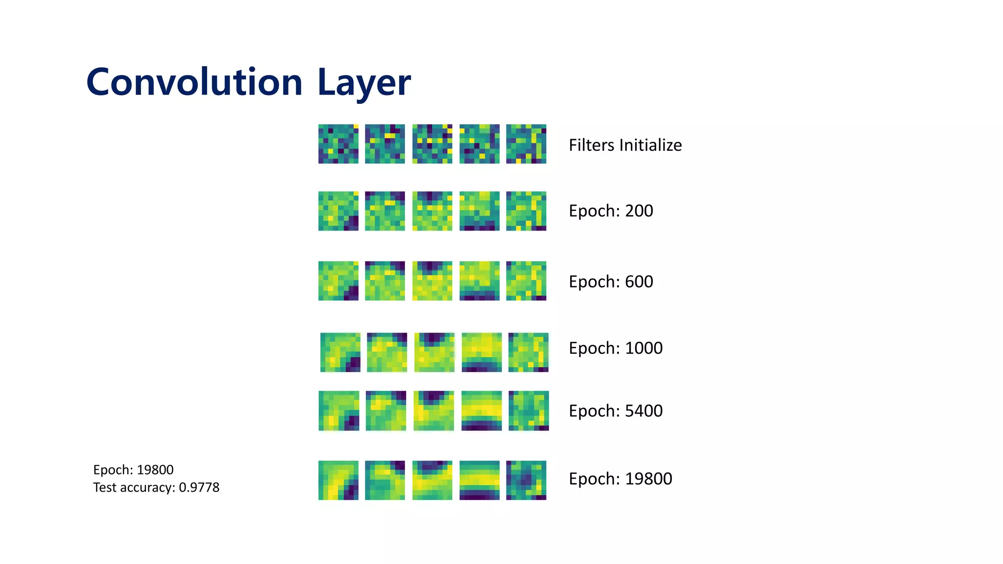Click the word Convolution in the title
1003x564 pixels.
pyautogui.click(x=194, y=82)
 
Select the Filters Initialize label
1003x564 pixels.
pyautogui.click(x=625, y=145)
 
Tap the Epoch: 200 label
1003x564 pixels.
pyautogui.click(x=611, y=211)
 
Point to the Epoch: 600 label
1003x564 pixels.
pyautogui.click(x=611, y=282)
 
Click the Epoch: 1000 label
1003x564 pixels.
pyautogui.click(x=616, y=348)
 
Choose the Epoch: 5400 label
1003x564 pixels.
pyautogui.click(x=616, y=411)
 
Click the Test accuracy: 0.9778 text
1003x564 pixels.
pyautogui.click(x=156, y=488)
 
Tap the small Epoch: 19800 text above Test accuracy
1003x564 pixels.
pyautogui.click(x=133, y=470)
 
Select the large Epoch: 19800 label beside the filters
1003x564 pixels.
pyautogui.click(x=620, y=479)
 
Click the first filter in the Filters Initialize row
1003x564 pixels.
pyautogui.click(x=338, y=144)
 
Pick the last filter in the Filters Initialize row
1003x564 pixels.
pyautogui.click(x=526, y=144)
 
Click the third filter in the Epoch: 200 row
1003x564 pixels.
pyautogui.click(x=432, y=211)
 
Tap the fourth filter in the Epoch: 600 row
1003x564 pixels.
pyautogui.click(x=479, y=281)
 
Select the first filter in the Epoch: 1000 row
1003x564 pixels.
pyautogui.click(x=340, y=352)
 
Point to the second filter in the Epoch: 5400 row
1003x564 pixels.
pyautogui.click(x=386, y=411)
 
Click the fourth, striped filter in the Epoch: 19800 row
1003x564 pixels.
pyautogui.click(x=479, y=480)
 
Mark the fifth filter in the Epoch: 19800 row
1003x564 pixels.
pyautogui.click(x=526, y=480)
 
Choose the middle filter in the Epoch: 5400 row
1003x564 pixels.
pyautogui.click(x=433, y=411)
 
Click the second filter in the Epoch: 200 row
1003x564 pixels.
pyautogui.click(x=385, y=211)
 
